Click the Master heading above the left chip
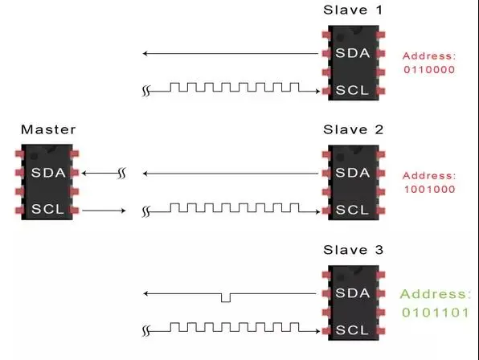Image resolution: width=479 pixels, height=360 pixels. click(x=48, y=129)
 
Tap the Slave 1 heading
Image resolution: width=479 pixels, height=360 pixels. click(x=353, y=10)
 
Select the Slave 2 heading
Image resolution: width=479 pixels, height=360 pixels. click(x=353, y=129)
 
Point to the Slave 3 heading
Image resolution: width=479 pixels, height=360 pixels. click(x=353, y=250)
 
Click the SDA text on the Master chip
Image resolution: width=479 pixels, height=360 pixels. click(x=48, y=173)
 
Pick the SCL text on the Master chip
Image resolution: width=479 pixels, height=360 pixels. click(x=47, y=209)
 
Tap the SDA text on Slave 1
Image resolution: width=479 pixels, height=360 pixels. click(x=353, y=53)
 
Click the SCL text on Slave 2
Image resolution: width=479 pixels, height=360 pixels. click(x=352, y=210)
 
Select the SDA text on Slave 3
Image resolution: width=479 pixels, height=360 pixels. click(x=353, y=292)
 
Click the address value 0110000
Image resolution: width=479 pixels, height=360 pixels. click(x=429, y=70)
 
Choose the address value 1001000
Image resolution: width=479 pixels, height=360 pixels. click(x=429, y=190)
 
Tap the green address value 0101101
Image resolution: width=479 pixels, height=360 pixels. click(x=436, y=313)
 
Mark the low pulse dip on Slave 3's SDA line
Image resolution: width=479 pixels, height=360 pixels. click(x=226, y=298)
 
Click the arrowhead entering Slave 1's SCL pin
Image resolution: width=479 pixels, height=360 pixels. click(x=317, y=91)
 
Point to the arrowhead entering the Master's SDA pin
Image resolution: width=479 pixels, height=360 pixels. click(x=84, y=173)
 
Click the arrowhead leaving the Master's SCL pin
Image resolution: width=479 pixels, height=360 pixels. click(x=123, y=211)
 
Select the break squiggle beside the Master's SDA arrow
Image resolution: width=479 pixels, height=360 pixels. click(x=122, y=174)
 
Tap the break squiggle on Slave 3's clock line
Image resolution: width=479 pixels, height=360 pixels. click(x=146, y=331)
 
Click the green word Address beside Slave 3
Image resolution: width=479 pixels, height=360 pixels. click(x=436, y=294)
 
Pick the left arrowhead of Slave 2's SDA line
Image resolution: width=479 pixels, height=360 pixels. click(x=145, y=174)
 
